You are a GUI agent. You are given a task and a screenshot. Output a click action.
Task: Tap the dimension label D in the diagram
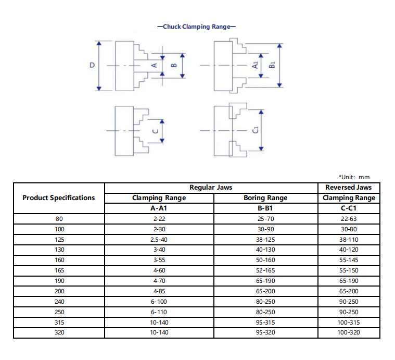click(92, 66)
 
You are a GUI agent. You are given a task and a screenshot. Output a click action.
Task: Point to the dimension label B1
click(272, 66)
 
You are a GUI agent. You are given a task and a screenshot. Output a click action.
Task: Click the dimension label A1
click(255, 66)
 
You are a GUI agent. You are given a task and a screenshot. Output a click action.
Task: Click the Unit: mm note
click(354, 177)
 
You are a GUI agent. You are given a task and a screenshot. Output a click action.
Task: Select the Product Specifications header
click(59, 197)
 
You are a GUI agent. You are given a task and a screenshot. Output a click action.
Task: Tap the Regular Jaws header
click(211, 187)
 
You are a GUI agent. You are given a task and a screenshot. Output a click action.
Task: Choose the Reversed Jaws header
click(348, 187)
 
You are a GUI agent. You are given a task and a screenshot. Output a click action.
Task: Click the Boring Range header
click(265, 198)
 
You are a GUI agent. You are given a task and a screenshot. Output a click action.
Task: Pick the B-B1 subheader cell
click(265, 208)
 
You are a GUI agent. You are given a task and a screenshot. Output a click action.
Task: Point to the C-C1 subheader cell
click(348, 208)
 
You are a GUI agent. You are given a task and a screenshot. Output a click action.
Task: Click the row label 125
click(59, 240)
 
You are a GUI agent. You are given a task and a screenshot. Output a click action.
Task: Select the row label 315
click(59, 322)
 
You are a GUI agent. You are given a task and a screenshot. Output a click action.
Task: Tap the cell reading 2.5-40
click(159, 240)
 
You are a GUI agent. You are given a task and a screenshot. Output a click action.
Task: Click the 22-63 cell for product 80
click(348, 219)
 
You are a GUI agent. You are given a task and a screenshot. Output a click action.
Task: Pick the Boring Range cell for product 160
click(265, 260)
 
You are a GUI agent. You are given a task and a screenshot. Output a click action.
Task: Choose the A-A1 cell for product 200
click(159, 291)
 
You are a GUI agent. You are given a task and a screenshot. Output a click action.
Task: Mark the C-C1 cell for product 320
click(348, 332)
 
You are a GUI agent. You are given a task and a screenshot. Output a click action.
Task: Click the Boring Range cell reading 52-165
click(265, 270)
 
